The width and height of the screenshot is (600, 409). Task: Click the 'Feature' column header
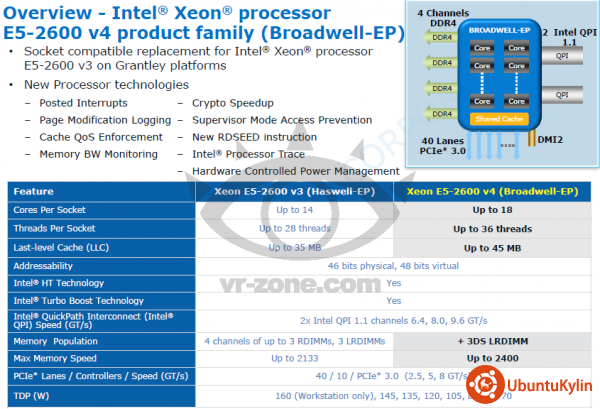point(34,190)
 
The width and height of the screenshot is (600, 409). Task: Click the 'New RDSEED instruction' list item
point(255,137)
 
